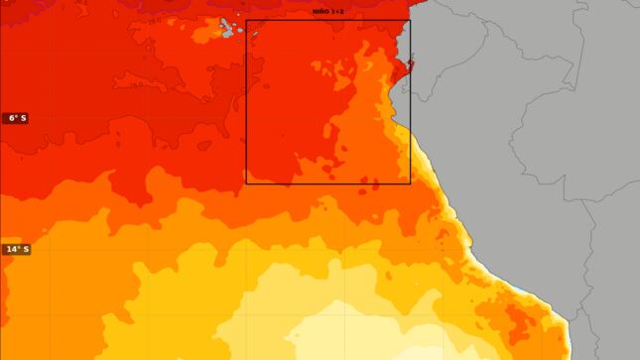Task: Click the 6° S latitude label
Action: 15,118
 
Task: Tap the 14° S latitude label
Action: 16,249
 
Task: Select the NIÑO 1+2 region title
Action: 327,11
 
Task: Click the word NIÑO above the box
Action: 320,11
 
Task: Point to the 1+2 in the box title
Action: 337,11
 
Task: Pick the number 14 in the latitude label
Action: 11,249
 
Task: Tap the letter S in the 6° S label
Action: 23,118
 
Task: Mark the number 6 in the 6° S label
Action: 11,118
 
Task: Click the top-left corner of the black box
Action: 246,21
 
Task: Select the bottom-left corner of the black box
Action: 246,183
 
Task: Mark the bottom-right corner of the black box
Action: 410,183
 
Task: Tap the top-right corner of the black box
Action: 410,21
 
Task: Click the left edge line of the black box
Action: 246,99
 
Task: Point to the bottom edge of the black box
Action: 327,183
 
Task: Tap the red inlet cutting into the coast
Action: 403,69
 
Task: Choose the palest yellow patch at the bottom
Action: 347,332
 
